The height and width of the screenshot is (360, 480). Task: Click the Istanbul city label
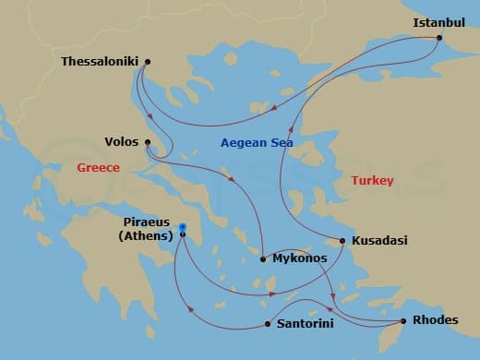click(x=438, y=22)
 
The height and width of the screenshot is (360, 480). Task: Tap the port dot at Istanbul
click(x=438, y=38)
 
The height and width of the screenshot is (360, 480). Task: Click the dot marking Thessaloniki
click(x=148, y=62)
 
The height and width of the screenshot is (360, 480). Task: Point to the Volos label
click(x=121, y=142)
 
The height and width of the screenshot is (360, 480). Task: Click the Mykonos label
click(x=300, y=258)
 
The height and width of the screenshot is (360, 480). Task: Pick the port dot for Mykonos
click(x=264, y=258)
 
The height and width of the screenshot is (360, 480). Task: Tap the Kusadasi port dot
click(x=343, y=241)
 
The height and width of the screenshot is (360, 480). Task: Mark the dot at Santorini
click(x=268, y=324)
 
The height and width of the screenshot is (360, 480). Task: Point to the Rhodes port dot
click(x=403, y=321)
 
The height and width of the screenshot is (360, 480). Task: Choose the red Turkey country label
click(x=373, y=181)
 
